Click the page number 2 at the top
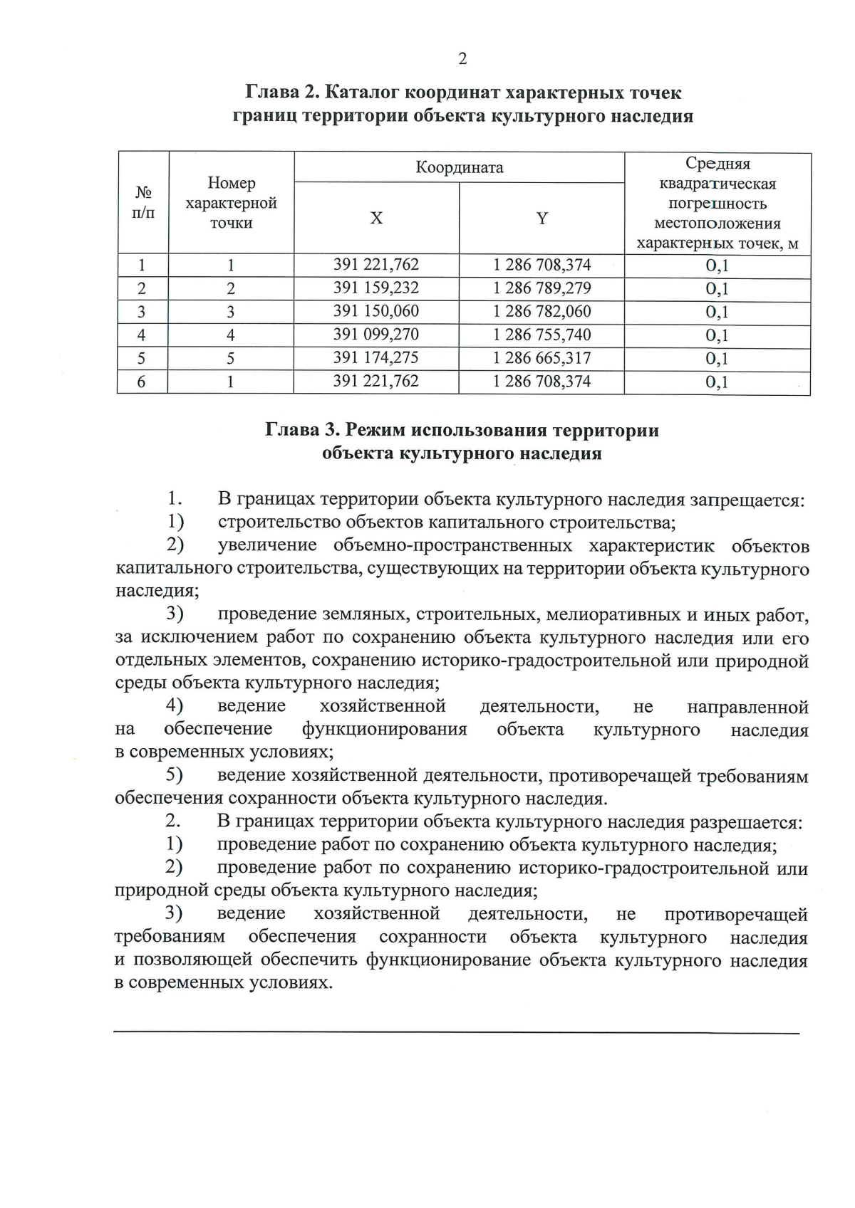point(462,59)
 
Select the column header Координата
point(460,168)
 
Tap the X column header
point(376,219)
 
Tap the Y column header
point(541,219)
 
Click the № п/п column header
point(143,203)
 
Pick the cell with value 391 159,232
point(376,288)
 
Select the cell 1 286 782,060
point(541,312)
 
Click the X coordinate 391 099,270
point(376,335)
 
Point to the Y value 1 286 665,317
point(541,358)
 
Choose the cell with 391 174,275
point(376,358)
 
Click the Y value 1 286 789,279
point(541,288)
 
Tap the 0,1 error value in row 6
point(717,382)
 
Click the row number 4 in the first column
point(142,335)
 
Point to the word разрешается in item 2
point(745,823)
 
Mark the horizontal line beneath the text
point(456,1032)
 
